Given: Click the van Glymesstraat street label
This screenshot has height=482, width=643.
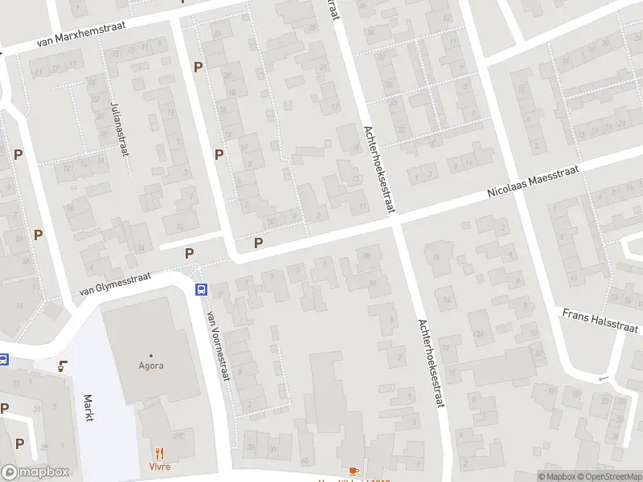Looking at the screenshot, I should point(115,285).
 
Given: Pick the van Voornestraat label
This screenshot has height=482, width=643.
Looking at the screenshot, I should point(218,345).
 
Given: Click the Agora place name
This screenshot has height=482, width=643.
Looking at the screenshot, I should point(151,366).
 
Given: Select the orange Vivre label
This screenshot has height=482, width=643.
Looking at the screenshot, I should point(159,466).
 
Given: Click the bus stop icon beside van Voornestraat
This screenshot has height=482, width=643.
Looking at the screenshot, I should point(201,290).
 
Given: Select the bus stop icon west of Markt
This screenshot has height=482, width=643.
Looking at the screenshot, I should point(3,359).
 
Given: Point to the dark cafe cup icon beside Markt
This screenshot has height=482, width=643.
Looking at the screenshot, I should point(63,366).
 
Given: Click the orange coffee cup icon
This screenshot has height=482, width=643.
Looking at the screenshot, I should point(353,471).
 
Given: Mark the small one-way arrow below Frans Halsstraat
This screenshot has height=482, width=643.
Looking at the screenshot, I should point(602,378).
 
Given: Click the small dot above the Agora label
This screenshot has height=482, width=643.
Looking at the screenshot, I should point(151,354).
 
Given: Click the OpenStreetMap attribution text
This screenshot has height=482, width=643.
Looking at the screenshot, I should point(608,477).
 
